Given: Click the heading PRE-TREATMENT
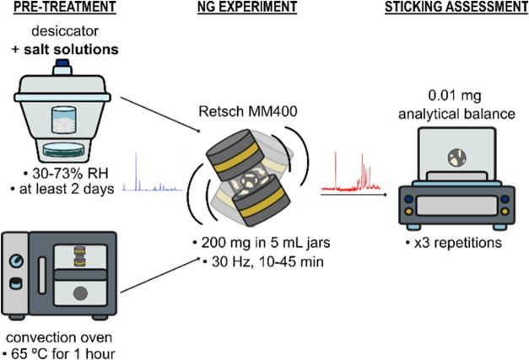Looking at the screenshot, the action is pos(65,7).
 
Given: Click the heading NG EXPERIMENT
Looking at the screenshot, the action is pos(247,7).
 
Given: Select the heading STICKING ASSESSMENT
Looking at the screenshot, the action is pos(456,7).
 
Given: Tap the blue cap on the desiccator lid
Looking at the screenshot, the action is pos(62,63).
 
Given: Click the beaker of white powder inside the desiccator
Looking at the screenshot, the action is pos(64,120).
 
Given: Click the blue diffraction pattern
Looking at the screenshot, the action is pos(152,172).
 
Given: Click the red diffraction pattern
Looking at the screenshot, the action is pos(351,172).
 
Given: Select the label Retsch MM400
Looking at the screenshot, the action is pos(248,111).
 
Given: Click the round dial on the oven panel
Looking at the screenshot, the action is pos(16,261).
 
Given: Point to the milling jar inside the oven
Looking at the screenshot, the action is pos(80,256).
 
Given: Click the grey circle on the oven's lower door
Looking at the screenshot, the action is pos(81,293).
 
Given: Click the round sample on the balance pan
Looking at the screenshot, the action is pos(456,158).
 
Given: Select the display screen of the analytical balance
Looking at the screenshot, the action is pos(456,206).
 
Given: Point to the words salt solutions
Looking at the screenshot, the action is pos(71,50).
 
